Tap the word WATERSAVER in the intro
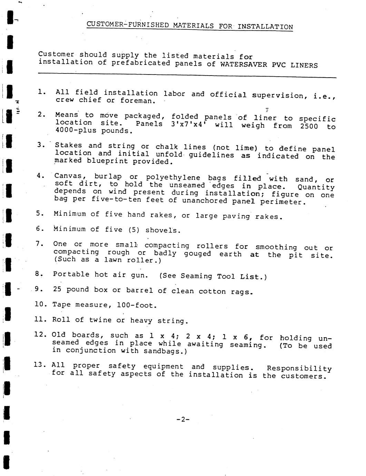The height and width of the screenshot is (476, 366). tap(244, 65)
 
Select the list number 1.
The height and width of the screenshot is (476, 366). tap(42, 92)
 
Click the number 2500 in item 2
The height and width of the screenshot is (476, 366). tap(309, 126)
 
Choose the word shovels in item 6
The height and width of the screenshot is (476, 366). tap(161, 230)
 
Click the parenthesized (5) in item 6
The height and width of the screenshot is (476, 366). tap(134, 230)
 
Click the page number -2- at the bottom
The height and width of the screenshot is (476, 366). tap(183, 419)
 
